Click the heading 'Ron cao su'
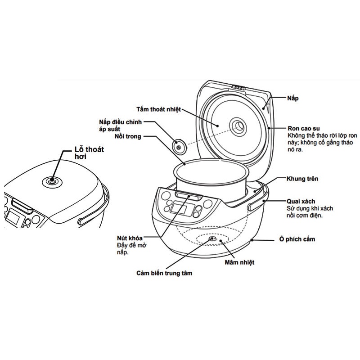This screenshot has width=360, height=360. [301, 127]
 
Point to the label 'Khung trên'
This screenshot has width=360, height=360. [302, 179]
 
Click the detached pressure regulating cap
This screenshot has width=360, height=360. [179, 145]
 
